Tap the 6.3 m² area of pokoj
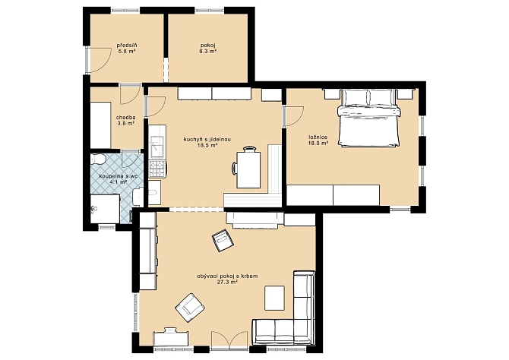(x=208, y=51)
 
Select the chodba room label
(x=126, y=118)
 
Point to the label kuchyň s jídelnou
(x=207, y=140)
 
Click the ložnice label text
(x=318, y=137)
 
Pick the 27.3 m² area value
(x=228, y=282)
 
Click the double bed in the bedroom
(x=368, y=118)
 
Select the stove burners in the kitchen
(x=157, y=169)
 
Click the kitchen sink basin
(x=157, y=144)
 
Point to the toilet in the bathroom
(x=98, y=159)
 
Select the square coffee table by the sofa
(x=274, y=298)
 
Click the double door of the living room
(x=229, y=340)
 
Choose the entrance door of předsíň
(x=97, y=60)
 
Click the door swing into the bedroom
(x=293, y=116)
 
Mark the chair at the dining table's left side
(x=235, y=169)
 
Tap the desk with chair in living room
(x=171, y=338)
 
